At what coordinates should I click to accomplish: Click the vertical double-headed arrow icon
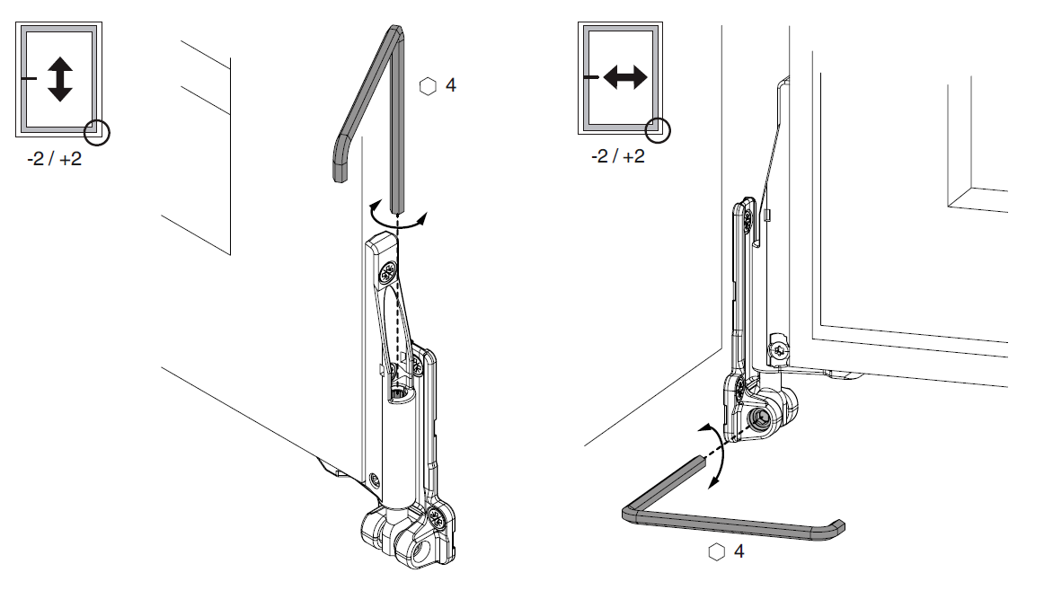pyautogui.click(x=60, y=79)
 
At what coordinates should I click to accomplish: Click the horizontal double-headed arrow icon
pyautogui.click(x=625, y=77)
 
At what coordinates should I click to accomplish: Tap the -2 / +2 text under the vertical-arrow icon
pyautogui.click(x=55, y=159)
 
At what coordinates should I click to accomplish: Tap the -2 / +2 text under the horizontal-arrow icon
pyautogui.click(x=618, y=156)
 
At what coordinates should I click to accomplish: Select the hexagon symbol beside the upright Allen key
pyautogui.click(x=429, y=86)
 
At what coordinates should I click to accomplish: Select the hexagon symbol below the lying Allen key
pyautogui.click(x=716, y=552)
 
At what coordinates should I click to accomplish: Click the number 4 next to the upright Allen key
pyautogui.click(x=451, y=85)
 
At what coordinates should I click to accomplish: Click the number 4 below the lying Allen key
pyautogui.click(x=739, y=551)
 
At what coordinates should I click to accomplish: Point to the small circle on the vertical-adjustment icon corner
pyautogui.click(x=97, y=132)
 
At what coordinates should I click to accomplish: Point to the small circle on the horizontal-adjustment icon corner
pyautogui.click(x=659, y=129)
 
